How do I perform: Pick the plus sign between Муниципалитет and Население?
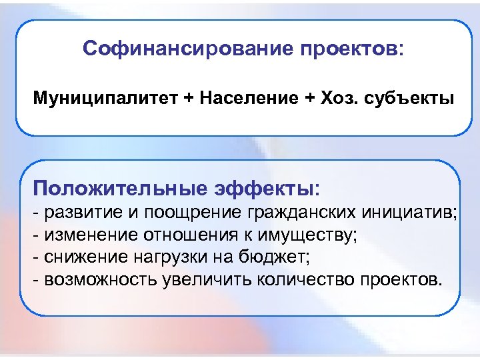click(x=188, y=99)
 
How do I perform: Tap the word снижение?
click(x=83, y=256)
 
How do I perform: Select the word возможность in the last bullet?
click(x=101, y=278)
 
